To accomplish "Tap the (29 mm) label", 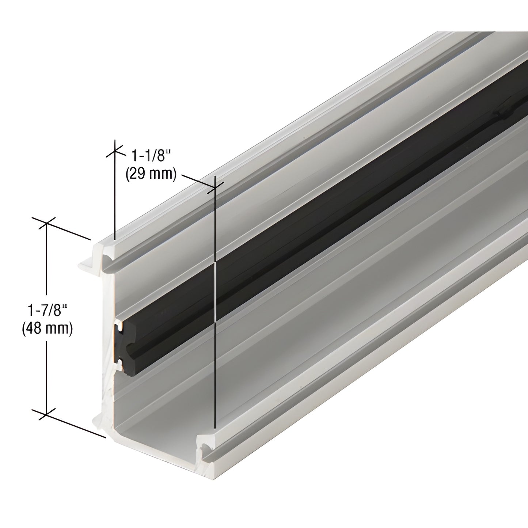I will point(151,174).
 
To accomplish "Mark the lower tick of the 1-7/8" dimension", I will point(46,414).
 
